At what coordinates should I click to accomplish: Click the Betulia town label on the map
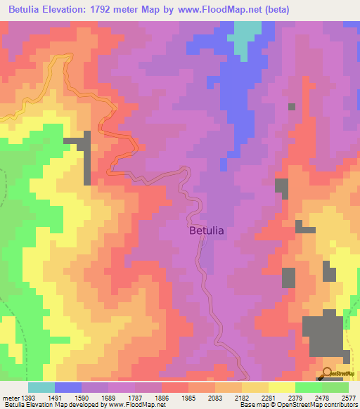[x=207, y=230]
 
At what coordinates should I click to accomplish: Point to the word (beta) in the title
[x=275, y=11]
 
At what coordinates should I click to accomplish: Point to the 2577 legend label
[x=349, y=397]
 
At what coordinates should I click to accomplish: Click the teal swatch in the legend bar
[x=41, y=387]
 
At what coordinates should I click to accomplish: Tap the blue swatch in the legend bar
[x=68, y=387]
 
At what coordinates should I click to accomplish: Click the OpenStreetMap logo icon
[x=328, y=373]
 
